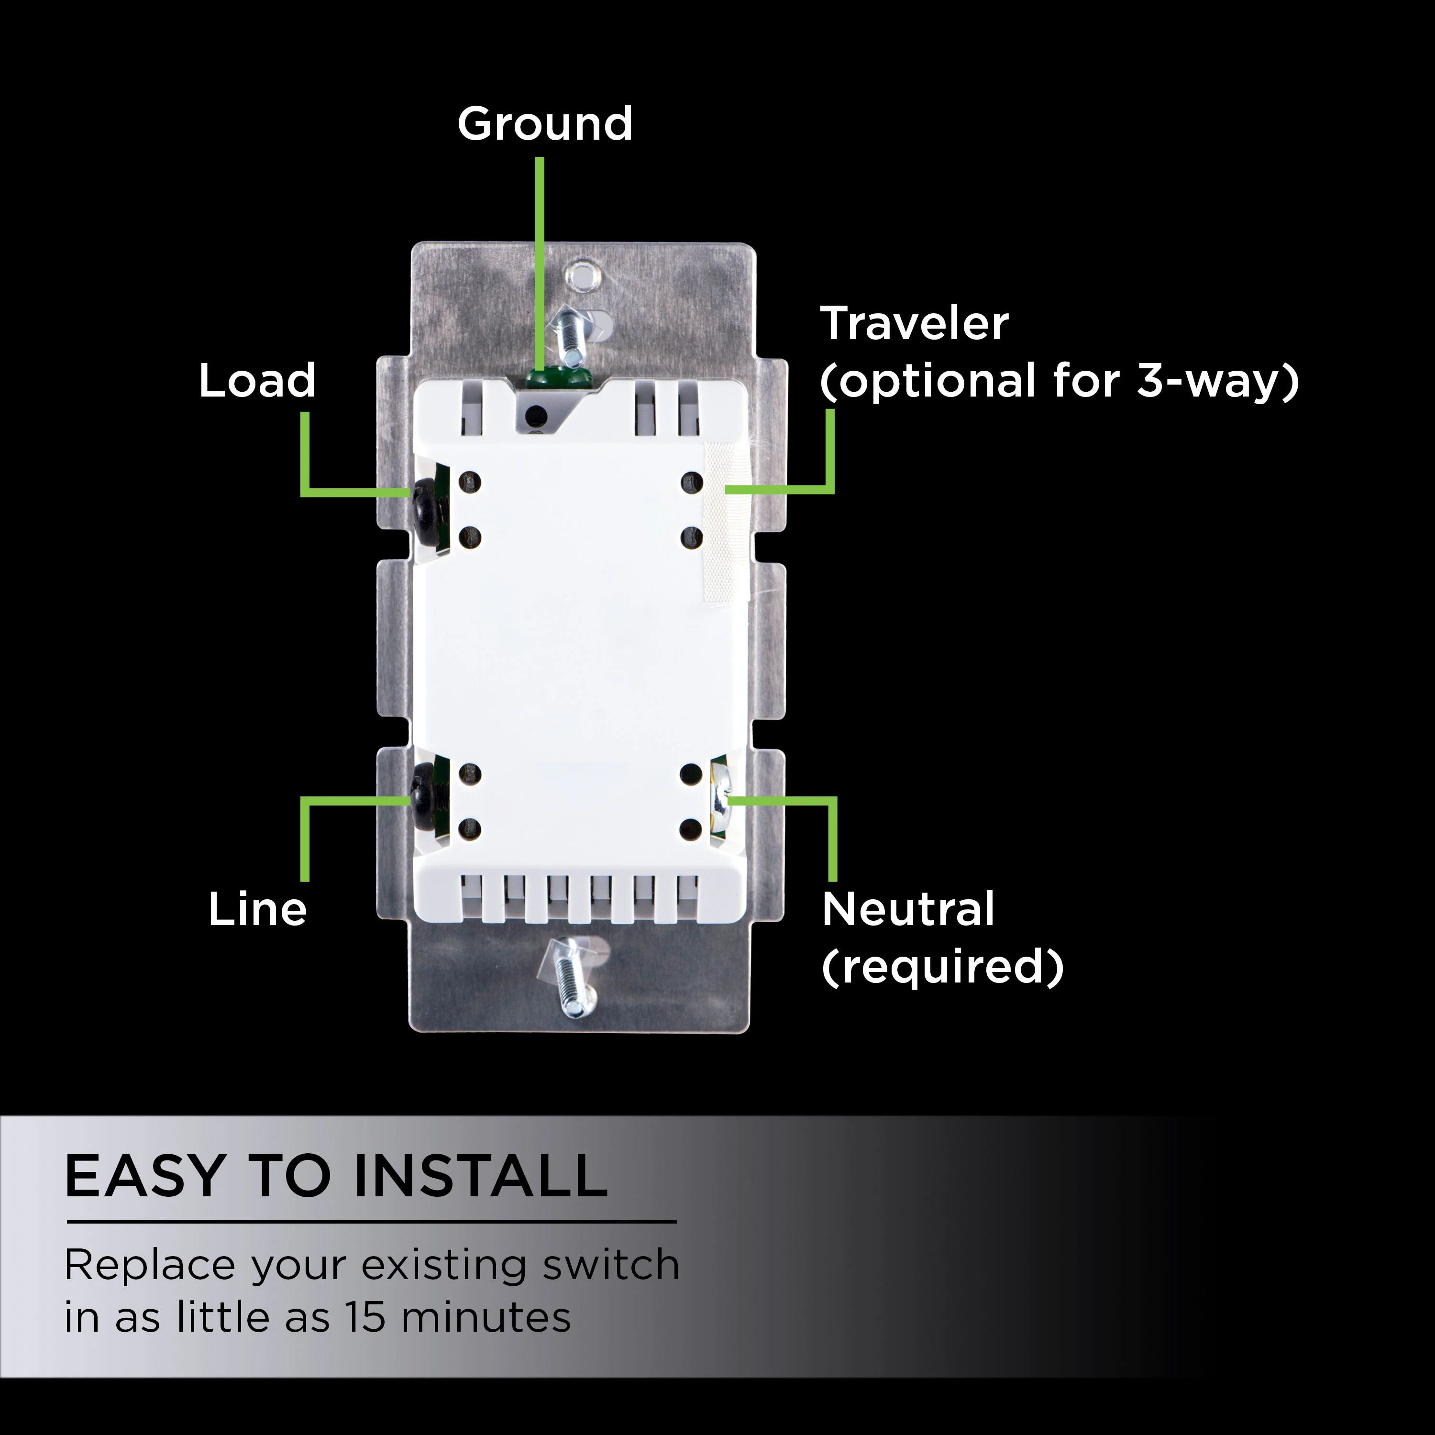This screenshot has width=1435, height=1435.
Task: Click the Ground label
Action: pyautogui.click(x=545, y=123)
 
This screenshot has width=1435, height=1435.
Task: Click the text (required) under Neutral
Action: pyautogui.click(x=942, y=967)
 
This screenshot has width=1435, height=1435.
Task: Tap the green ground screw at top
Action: pyautogui.click(x=557, y=376)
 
